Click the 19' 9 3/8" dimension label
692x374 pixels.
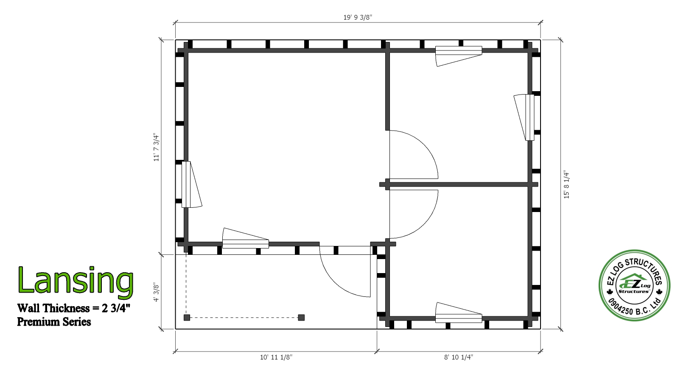click(x=357, y=17)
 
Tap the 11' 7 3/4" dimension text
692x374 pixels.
click(x=156, y=147)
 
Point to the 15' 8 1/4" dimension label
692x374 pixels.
click(x=566, y=184)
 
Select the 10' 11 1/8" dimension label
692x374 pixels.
click(x=276, y=357)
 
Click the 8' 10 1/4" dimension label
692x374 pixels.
click(x=459, y=357)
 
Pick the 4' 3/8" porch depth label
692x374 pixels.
click(x=156, y=292)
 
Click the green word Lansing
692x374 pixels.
click(x=76, y=280)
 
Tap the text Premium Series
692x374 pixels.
click(x=54, y=322)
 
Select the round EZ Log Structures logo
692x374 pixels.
click(x=634, y=285)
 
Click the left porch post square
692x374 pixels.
click(x=187, y=318)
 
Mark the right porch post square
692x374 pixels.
click(x=301, y=318)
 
